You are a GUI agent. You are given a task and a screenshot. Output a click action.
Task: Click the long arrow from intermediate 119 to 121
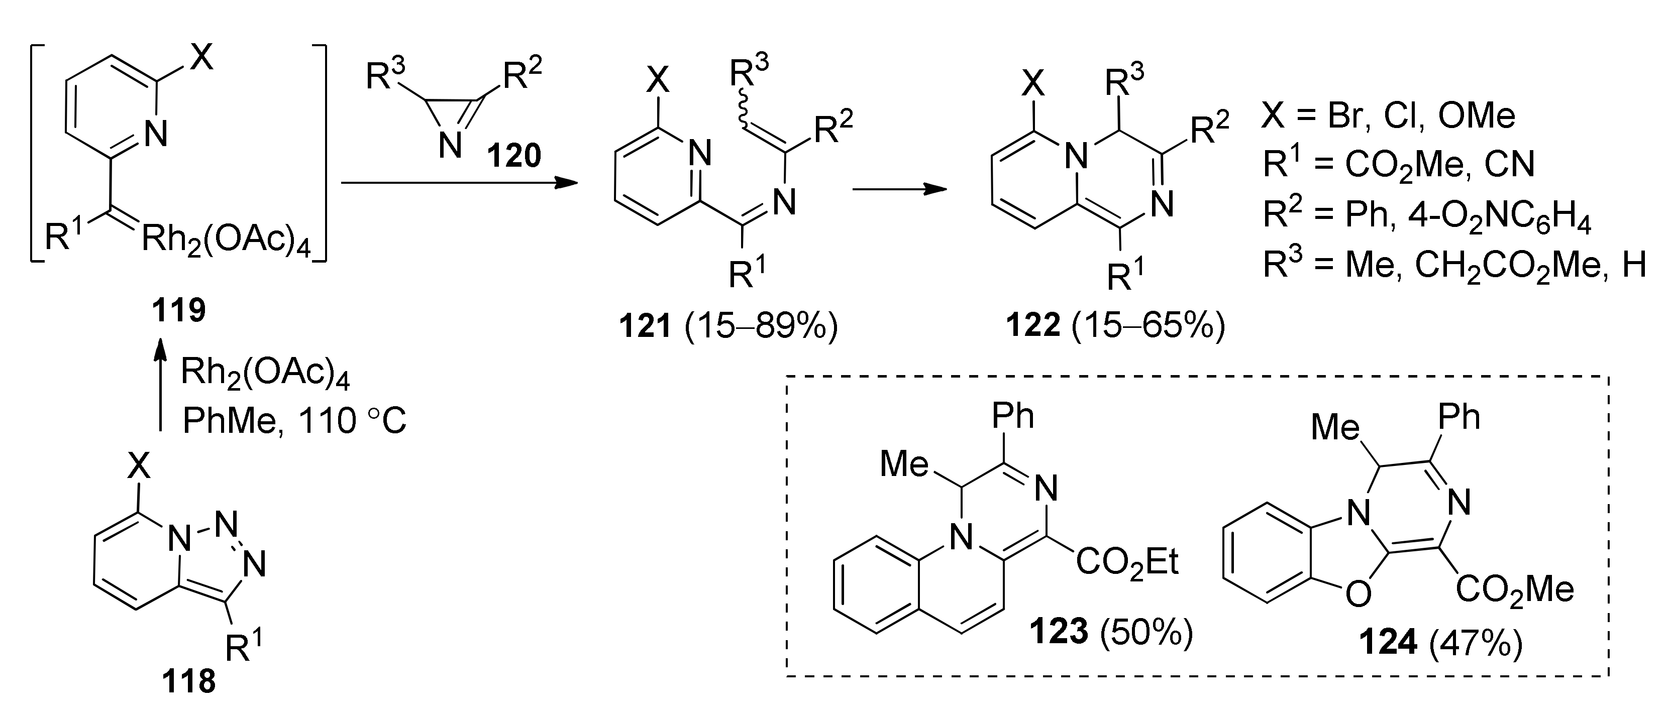tap(458, 183)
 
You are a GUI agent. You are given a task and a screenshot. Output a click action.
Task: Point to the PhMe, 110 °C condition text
tap(294, 421)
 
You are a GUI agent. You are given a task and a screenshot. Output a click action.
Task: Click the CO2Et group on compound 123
tap(1127, 563)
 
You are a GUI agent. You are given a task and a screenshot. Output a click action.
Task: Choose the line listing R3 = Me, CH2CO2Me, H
tap(1453, 265)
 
